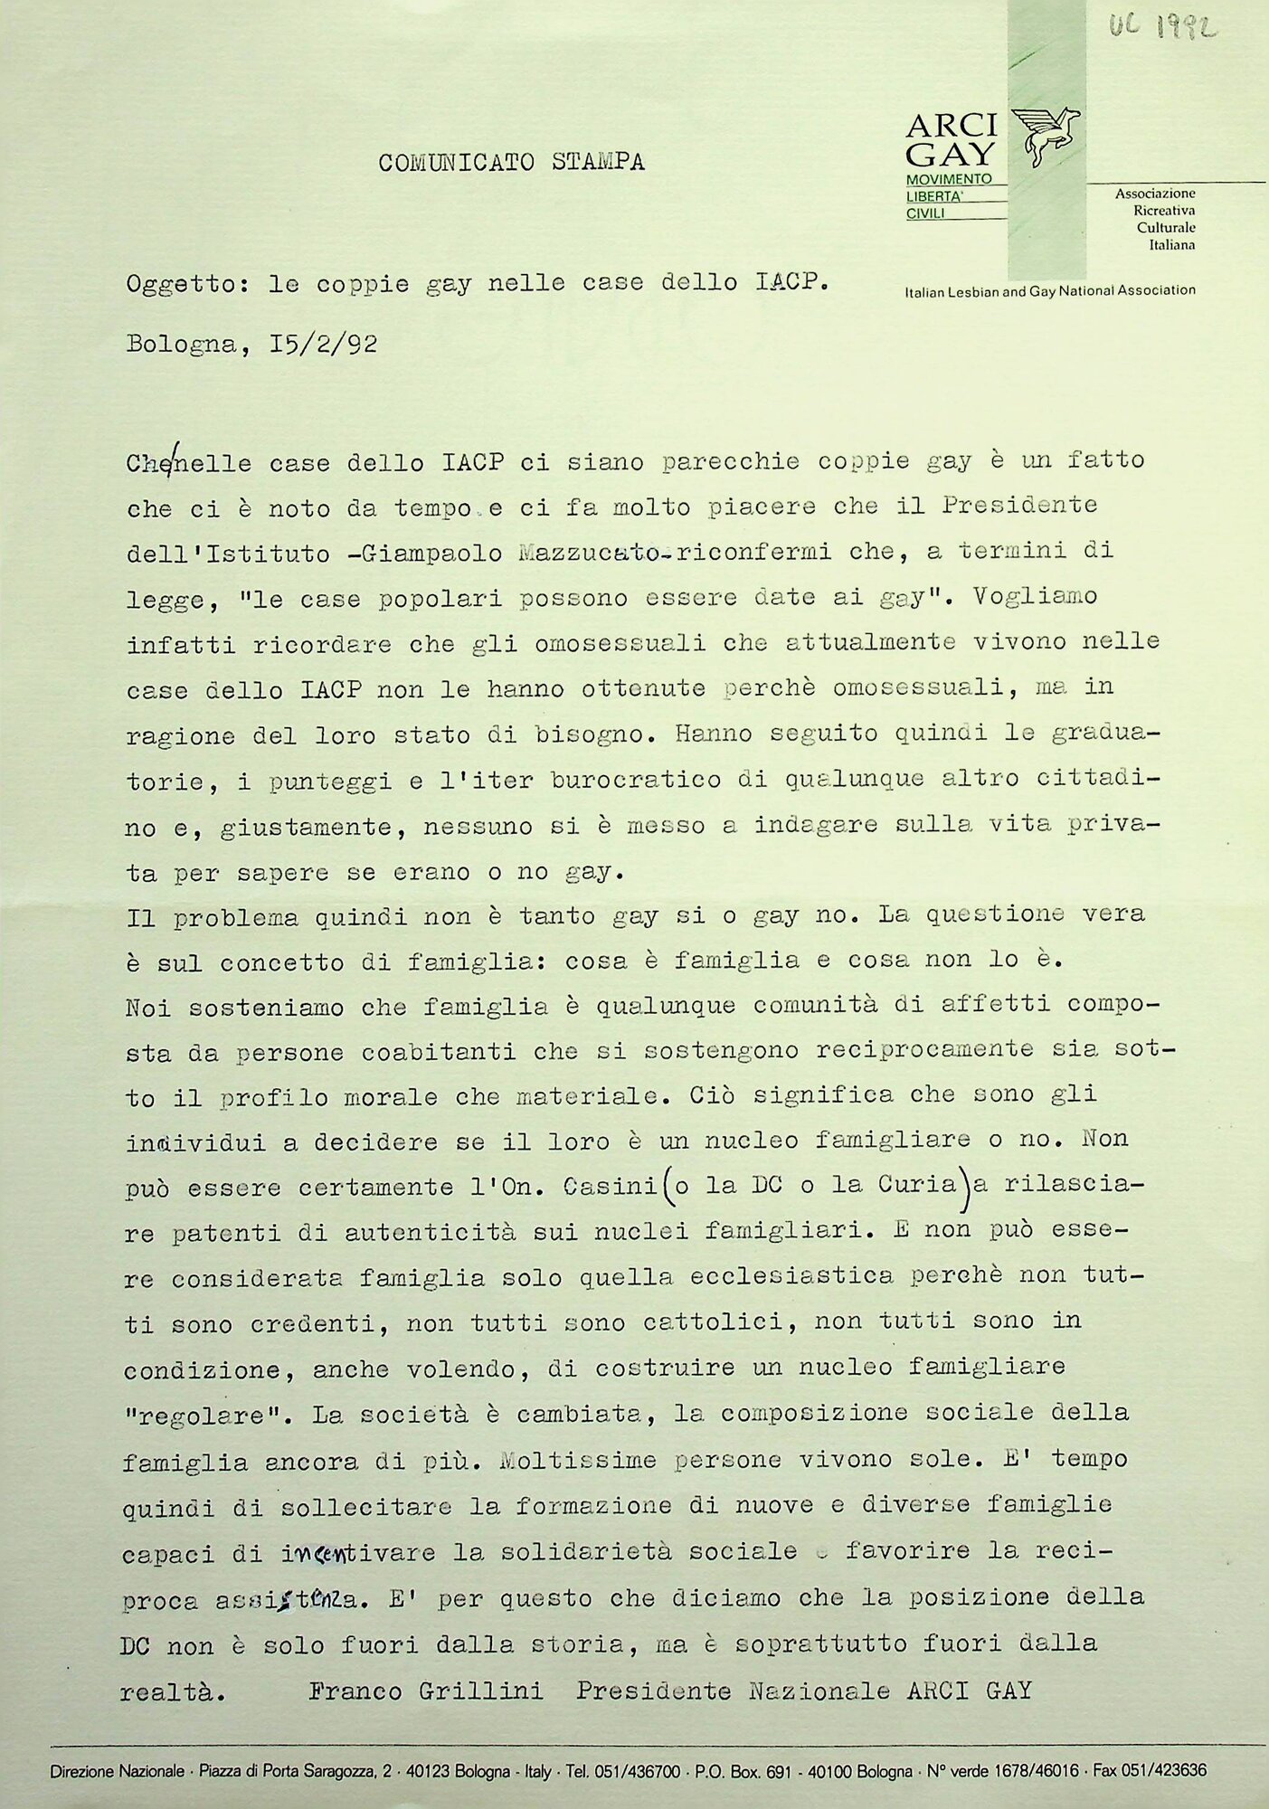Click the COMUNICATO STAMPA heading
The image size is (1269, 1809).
coord(511,163)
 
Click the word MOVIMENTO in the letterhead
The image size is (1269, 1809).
coord(949,178)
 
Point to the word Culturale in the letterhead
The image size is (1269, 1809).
coord(1166,227)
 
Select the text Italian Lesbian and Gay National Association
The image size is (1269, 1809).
coord(1049,290)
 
